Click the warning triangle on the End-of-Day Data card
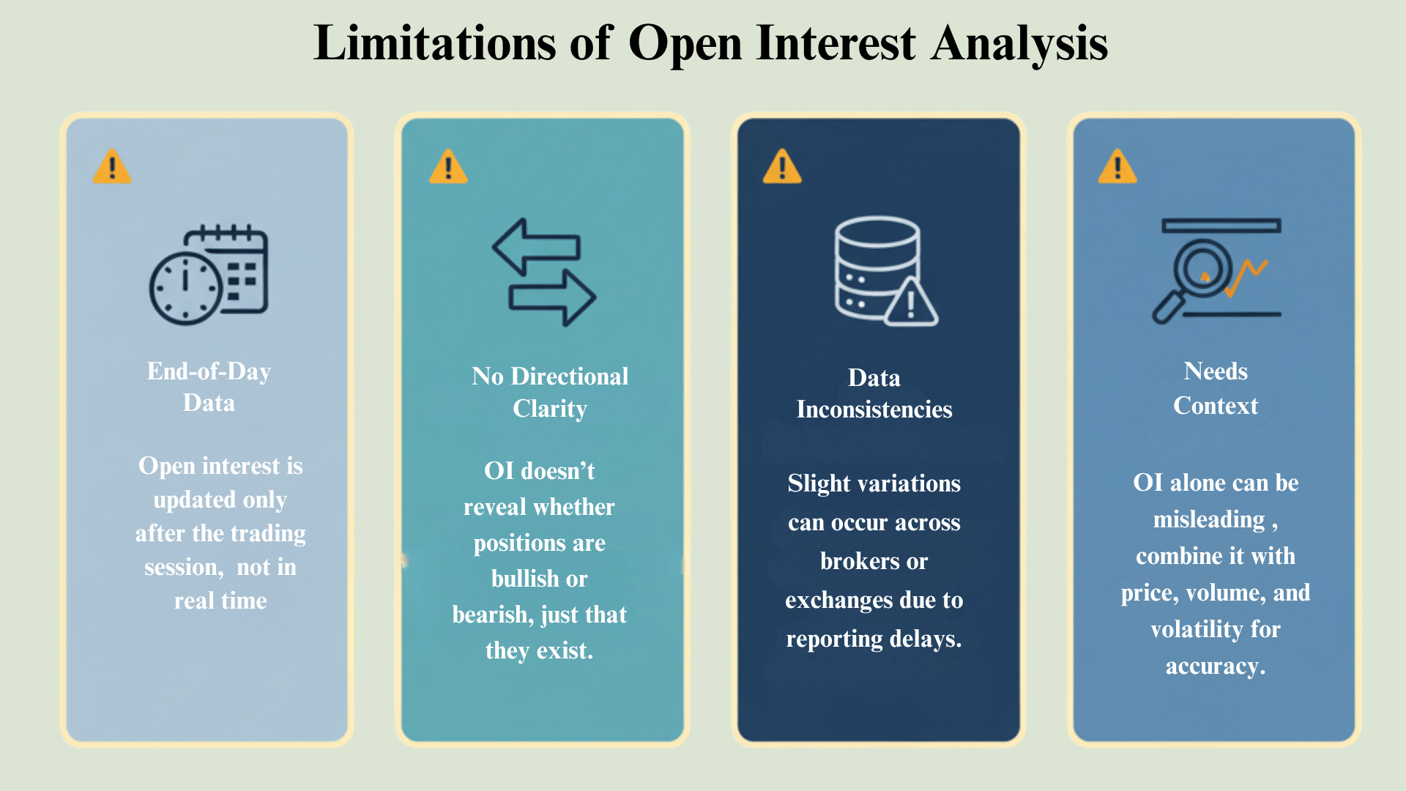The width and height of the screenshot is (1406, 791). [x=112, y=166]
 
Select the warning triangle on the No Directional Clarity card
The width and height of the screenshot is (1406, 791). [x=448, y=166]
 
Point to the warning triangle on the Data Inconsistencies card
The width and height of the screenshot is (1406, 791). [x=782, y=166]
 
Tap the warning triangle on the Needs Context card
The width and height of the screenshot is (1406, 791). [x=1117, y=166]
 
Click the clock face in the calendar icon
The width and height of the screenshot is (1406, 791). [x=185, y=288]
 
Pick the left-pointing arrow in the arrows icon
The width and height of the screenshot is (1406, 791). [x=536, y=247]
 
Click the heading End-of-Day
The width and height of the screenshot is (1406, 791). [x=209, y=371]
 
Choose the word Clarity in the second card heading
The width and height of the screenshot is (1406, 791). [x=549, y=409]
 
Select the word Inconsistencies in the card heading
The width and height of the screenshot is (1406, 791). [x=874, y=409]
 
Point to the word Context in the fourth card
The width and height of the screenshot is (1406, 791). [x=1216, y=406]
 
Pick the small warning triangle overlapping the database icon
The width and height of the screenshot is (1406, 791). [x=911, y=303]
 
